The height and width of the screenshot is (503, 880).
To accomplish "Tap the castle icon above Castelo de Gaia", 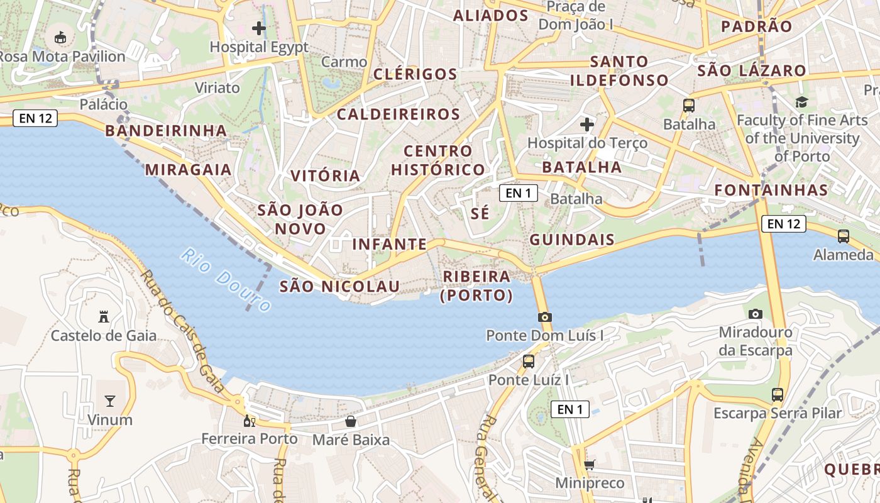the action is click(104, 316).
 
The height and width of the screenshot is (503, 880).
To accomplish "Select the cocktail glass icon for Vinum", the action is click(110, 401).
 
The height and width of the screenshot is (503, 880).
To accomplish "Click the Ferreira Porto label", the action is click(250, 438).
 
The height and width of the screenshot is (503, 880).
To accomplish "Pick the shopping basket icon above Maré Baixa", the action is click(351, 421).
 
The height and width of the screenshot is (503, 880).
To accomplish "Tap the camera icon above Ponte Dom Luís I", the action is click(544, 317).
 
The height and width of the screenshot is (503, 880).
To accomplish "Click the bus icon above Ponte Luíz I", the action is click(529, 361).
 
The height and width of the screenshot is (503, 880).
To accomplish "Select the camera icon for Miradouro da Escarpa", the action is click(755, 313).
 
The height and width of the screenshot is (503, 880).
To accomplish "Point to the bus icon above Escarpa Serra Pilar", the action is click(778, 395).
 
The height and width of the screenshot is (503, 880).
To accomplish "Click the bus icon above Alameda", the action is click(844, 236).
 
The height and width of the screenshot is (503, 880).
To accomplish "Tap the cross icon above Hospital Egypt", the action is click(259, 28).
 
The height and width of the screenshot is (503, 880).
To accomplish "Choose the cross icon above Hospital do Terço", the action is click(587, 124).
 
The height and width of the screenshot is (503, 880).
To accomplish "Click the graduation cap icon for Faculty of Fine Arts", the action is click(801, 101).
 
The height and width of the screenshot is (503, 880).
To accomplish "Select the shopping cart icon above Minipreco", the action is click(590, 465).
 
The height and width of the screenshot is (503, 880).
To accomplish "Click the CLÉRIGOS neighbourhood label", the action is click(415, 74).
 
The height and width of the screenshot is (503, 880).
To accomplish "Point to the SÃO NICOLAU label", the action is click(339, 287).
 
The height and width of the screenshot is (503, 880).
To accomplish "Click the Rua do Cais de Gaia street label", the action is click(182, 331).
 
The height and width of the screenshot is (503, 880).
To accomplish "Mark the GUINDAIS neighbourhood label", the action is click(572, 240).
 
